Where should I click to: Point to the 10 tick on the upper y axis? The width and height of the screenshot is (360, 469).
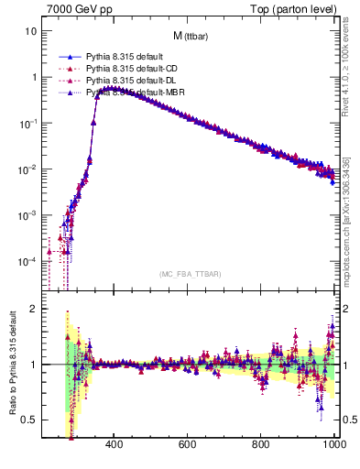(x=30, y=31)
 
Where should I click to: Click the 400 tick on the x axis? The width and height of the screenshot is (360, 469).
(x=115, y=444)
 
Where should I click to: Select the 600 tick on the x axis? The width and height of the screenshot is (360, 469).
(x=188, y=444)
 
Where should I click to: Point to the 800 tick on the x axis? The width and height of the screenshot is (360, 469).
(x=262, y=444)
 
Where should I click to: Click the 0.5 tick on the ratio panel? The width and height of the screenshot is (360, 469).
(x=29, y=420)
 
